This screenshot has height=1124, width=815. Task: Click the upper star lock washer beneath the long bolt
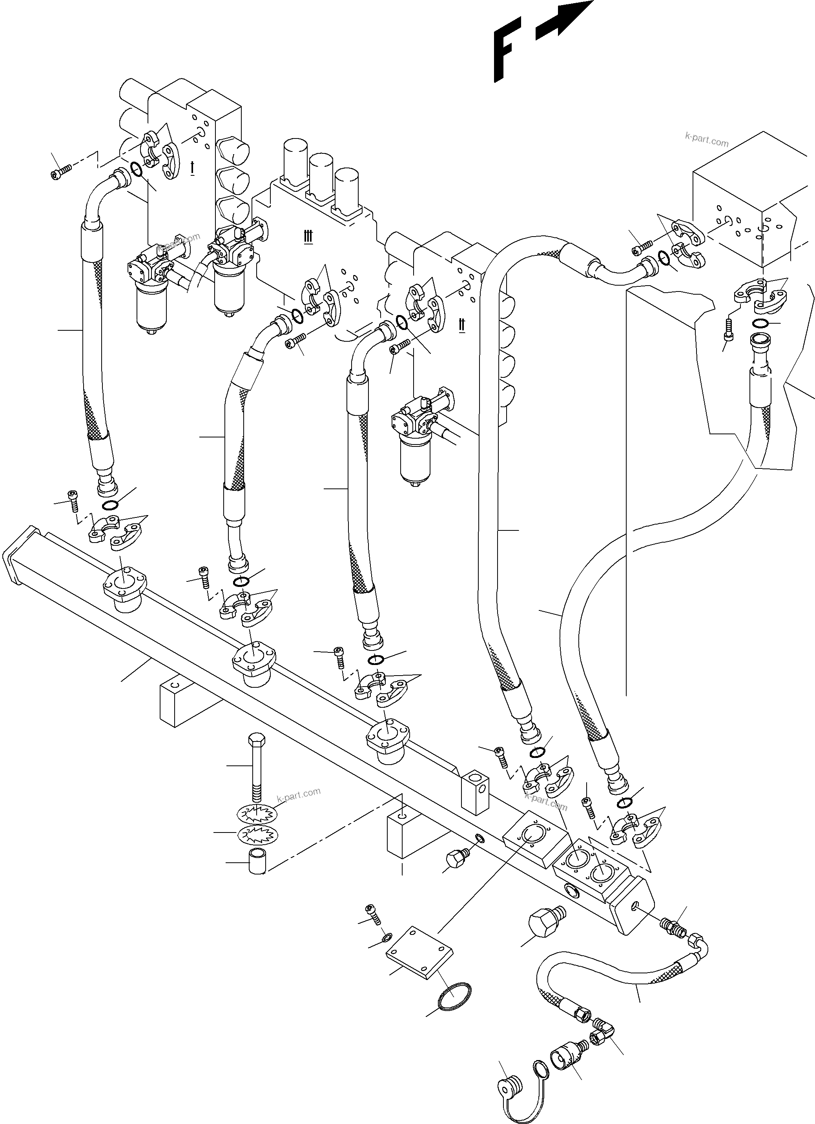click(x=256, y=813)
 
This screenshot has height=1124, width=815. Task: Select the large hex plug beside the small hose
click(x=545, y=924)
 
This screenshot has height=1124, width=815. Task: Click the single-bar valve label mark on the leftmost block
click(x=192, y=168)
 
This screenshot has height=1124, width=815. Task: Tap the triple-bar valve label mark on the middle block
click(x=308, y=237)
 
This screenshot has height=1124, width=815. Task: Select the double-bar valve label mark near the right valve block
click(x=461, y=324)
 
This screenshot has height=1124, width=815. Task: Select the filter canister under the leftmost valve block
click(x=152, y=305)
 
